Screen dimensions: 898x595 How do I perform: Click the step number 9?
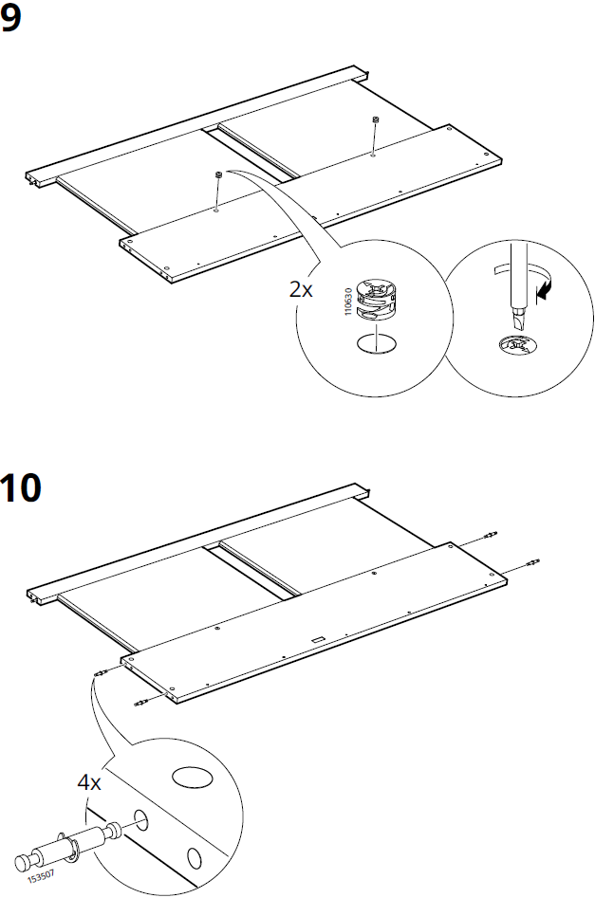[x=10, y=20]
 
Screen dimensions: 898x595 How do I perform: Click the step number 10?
[x=20, y=487]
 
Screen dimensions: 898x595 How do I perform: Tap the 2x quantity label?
[x=301, y=290]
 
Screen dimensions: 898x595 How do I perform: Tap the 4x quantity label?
[x=89, y=782]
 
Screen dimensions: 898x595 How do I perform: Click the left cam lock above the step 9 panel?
[x=218, y=174]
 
